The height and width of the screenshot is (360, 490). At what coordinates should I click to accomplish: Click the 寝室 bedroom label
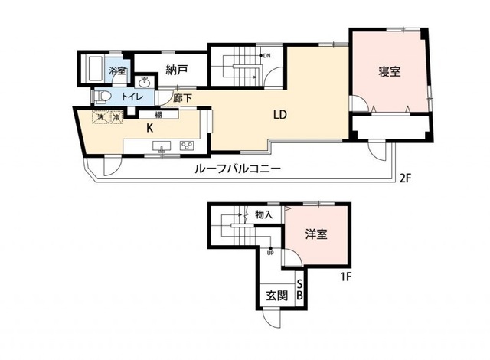pyautogui.click(x=389, y=72)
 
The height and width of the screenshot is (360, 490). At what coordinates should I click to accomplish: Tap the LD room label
pyautogui.click(x=280, y=116)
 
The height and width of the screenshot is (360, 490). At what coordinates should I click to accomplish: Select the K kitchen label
pyautogui.click(x=151, y=128)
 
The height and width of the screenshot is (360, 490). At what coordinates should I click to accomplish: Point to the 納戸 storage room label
pyautogui.click(x=177, y=72)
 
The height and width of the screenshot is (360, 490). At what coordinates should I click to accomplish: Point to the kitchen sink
pyautogui.click(x=162, y=146)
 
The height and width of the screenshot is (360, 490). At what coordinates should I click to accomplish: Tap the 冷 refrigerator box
pyautogui.click(x=116, y=117)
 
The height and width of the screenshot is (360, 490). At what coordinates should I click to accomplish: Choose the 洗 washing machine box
pyautogui.click(x=99, y=117)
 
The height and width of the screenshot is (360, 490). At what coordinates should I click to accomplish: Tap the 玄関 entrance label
pyautogui.click(x=276, y=296)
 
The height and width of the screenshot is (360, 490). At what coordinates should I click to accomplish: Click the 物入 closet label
pyautogui.click(x=263, y=215)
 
